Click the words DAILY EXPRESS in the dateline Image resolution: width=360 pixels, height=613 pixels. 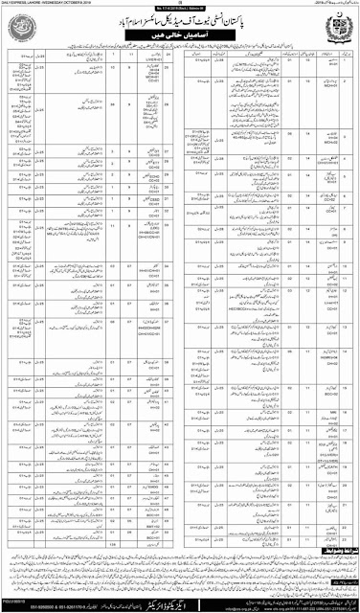click(x=21, y=4)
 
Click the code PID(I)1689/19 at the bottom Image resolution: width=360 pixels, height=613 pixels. click(x=18, y=599)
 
